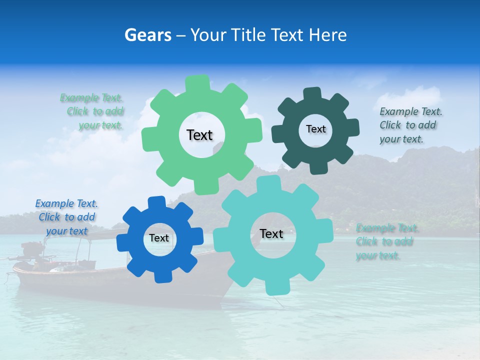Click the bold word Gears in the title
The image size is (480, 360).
tap(147, 35)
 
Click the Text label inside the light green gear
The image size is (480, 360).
tap(199, 135)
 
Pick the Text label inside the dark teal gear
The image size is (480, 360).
tap(315, 129)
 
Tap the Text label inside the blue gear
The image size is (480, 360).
tap(159, 238)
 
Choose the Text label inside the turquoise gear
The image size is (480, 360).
tap(271, 234)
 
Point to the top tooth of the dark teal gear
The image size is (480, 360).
tap(312, 94)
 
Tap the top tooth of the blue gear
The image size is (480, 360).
tap(156, 202)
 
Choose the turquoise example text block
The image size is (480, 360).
tap(386, 242)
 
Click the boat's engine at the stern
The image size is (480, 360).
tap(32, 249)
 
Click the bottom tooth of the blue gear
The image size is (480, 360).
tap(162, 275)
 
